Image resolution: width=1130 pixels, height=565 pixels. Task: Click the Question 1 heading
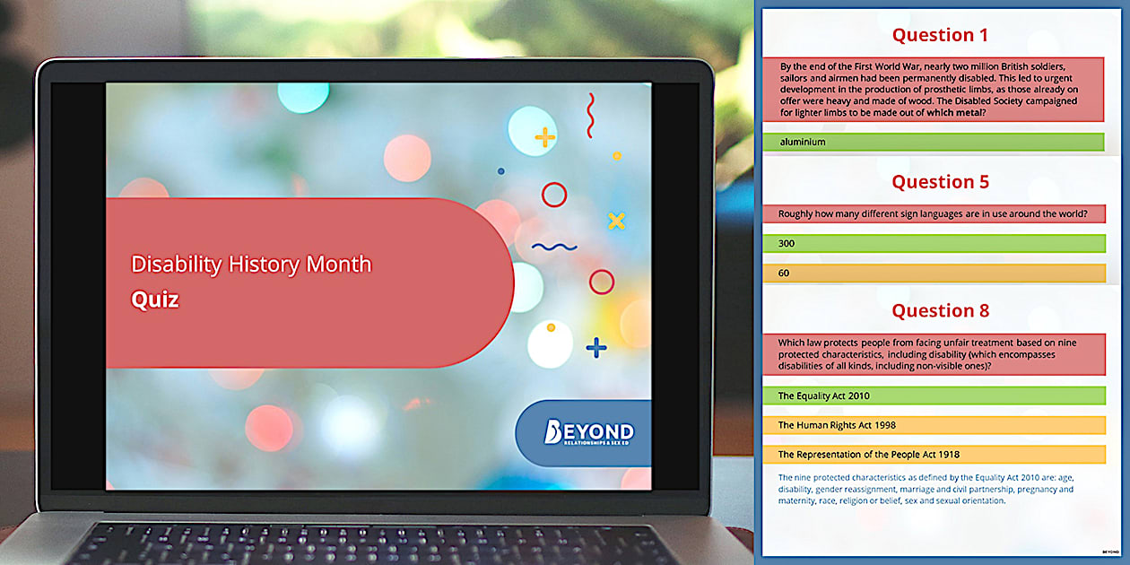(940, 36)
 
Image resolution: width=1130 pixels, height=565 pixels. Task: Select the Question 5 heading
(940, 182)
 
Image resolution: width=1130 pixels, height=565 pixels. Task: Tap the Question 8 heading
(940, 311)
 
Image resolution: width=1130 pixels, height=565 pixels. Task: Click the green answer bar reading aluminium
(934, 142)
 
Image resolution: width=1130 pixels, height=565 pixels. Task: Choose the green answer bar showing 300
(934, 243)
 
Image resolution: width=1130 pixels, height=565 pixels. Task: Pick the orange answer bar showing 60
(934, 273)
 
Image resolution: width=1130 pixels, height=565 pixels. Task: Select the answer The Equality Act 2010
(934, 395)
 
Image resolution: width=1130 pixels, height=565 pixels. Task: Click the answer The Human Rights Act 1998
(934, 425)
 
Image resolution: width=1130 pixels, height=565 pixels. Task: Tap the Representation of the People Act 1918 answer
(934, 455)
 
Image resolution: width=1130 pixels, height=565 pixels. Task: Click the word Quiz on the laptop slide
(155, 300)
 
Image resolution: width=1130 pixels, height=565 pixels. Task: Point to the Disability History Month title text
(251, 265)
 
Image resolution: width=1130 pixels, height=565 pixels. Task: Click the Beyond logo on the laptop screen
(588, 433)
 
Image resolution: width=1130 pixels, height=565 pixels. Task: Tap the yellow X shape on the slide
(616, 221)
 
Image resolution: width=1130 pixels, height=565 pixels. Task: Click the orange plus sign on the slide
(544, 137)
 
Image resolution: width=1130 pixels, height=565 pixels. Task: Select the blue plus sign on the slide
(595, 347)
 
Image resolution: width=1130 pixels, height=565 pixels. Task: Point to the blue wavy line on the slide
(554, 247)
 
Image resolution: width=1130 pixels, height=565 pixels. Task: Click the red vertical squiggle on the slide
(590, 116)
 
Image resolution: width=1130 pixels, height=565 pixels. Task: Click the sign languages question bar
(934, 213)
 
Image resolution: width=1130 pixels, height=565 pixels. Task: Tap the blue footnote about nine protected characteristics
(926, 489)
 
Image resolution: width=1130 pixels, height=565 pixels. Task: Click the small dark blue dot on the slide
(500, 171)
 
